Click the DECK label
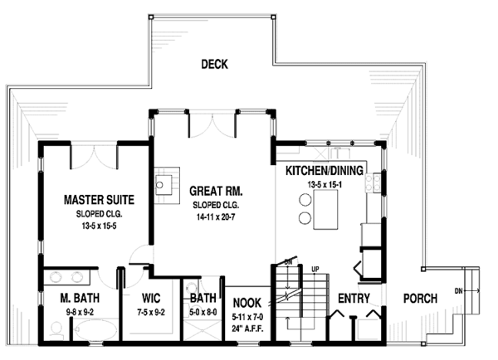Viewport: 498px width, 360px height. point(214,64)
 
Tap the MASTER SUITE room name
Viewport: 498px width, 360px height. point(99,200)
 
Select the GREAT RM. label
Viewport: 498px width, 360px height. point(216,191)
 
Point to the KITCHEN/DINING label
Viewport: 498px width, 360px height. point(325,171)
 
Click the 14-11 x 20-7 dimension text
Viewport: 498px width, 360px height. point(216,217)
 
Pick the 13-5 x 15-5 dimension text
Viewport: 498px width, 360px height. point(99,226)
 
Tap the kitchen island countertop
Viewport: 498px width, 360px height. point(325,210)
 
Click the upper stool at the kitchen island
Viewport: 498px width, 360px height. point(305,200)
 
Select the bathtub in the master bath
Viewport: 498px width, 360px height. point(94,330)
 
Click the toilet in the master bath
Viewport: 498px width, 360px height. point(56,329)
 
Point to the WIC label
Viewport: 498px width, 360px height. point(151,298)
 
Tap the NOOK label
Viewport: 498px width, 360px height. point(247,303)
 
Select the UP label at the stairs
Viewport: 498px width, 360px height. point(315,270)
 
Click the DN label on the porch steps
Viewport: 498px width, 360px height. point(458,291)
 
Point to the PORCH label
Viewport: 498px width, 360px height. point(420,299)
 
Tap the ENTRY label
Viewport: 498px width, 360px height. point(354,299)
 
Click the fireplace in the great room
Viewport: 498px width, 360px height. point(167,186)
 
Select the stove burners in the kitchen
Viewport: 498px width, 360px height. point(373,182)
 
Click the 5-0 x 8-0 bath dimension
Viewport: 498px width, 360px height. point(203,313)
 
